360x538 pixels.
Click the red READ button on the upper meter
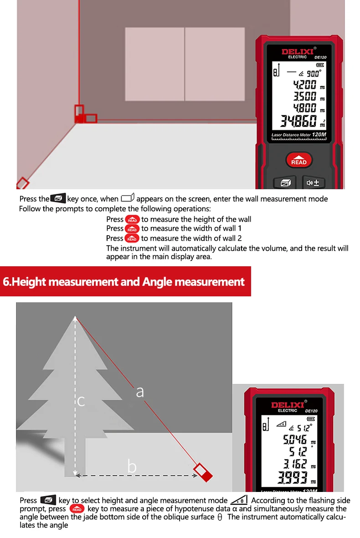pyautogui.click(x=299, y=160)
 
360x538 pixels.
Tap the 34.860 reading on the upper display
pyautogui.click(x=298, y=122)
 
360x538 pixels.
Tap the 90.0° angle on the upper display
pyautogui.click(x=314, y=73)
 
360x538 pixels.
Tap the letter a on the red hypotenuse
pyautogui.click(x=140, y=391)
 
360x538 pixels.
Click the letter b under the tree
pyautogui.click(x=132, y=466)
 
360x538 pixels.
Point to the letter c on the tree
pyautogui.click(x=81, y=401)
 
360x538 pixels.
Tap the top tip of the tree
pyautogui.click(x=75, y=317)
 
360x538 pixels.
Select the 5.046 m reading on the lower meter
pyautogui.click(x=295, y=440)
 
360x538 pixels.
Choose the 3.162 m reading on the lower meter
pyautogui.click(x=295, y=465)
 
